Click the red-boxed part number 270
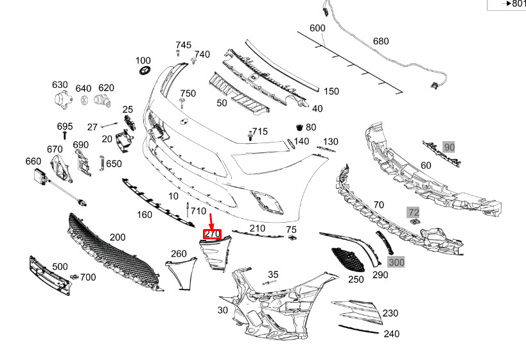212,234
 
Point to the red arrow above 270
211,221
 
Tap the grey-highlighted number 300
396,262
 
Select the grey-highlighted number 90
449,147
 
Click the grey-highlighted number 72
414,212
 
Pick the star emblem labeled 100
145,70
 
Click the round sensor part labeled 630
63,99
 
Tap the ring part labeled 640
84,100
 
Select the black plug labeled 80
299,127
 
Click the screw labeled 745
178,53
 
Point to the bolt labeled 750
182,103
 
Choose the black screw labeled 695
65,135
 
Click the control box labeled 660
41,176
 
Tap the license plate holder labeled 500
50,276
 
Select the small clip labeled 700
74,277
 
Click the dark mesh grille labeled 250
348,260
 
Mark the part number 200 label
118,237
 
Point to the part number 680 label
381,41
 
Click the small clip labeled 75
292,237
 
